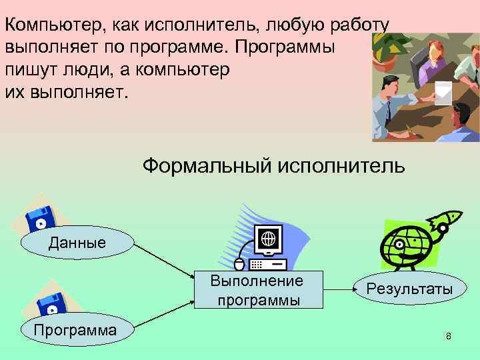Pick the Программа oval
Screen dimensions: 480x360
[77, 330]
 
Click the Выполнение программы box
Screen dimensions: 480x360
[257, 290]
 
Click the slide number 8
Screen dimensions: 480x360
[449, 336]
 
